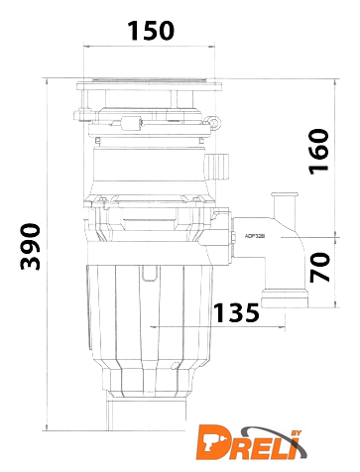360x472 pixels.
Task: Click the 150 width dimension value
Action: click(x=151, y=31)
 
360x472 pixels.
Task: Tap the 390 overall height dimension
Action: click(x=31, y=247)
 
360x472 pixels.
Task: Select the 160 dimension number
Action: click(x=318, y=152)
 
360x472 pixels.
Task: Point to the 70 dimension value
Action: click(x=319, y=267)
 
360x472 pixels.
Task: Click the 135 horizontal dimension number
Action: click(x=236, y=312)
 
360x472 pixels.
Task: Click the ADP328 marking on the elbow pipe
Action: click(x=255, y=236)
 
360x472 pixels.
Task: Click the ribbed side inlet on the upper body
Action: click(x=217, y=167)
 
